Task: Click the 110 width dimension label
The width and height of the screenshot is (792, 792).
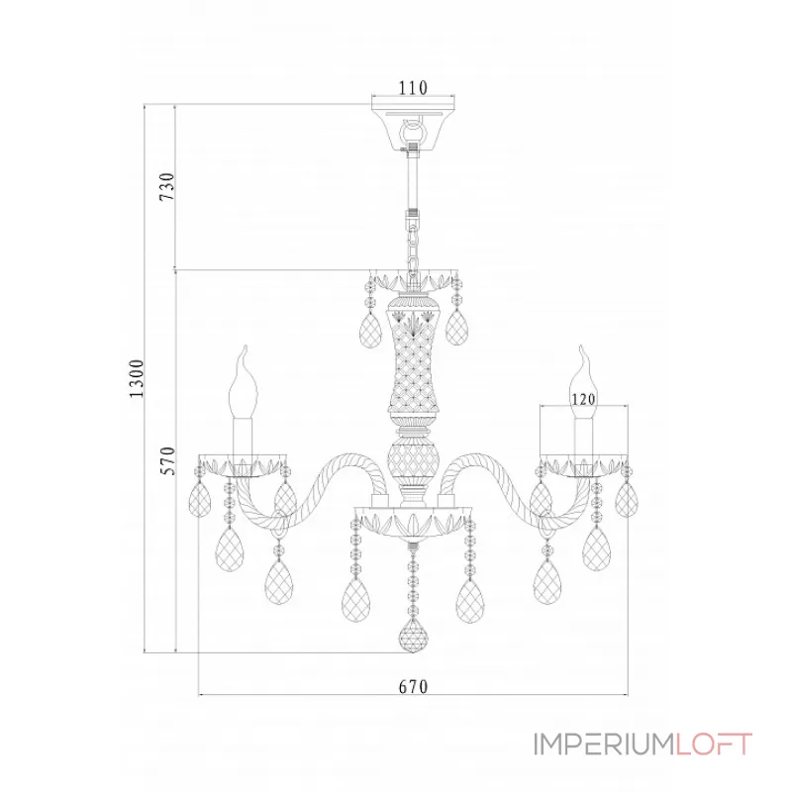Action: tap(413, 88)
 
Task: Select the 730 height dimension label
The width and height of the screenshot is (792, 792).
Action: tap(167, 186)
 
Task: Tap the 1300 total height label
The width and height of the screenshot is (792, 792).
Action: tap(137, 379)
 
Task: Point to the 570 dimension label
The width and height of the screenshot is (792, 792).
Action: tap(167, 461)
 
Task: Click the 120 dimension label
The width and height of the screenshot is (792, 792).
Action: tap(583, 399)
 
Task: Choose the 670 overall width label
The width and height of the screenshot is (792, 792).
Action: tap(413, 687)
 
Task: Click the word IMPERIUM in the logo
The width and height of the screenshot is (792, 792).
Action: tap(605, 744)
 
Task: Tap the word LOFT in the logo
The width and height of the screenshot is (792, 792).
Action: tap(714, 744)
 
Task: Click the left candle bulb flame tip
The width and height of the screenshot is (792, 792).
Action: tap(245, 346)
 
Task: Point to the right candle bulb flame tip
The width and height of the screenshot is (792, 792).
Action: tap(581, 346)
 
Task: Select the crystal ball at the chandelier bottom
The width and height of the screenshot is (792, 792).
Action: tap(414, 638)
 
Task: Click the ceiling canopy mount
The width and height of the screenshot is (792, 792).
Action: tap(414, 127)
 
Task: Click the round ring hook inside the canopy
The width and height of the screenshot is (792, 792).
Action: tap(414, 131)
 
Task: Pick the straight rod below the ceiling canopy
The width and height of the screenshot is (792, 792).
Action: tap(414, 183)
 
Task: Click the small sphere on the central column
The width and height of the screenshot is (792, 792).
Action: tap(414, 459)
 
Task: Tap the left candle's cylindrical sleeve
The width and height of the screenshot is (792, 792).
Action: tap(243, 438)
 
